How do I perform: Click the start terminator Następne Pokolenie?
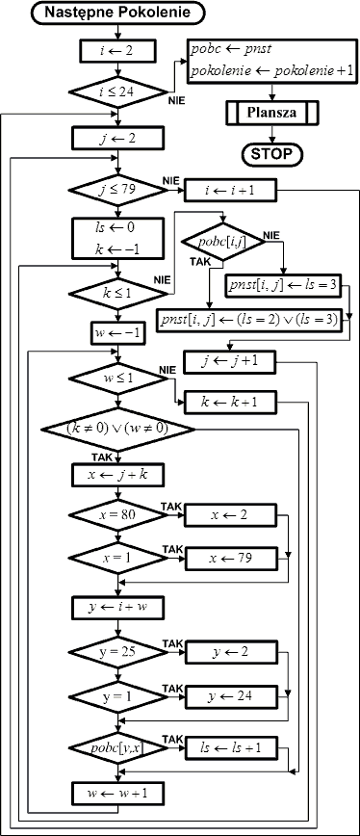pyautogui.click(x=117, y=13)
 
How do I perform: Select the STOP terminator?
pyautogui.click(x=272, y=154)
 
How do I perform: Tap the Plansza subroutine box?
pyautogui.click(x=272, y=113)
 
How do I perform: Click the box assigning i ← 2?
pyautogui.click(x=117, y=52)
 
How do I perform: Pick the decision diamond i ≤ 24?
pyautogui.click(x=117, y=91)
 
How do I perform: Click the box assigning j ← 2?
pyautogui.click(x=117, y=138)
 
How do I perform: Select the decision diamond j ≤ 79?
pyautogui.click(x=117, y=191)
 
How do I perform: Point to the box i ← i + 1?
pyautogui.click(x=231, y=190)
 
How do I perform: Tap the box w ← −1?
pyautogui.click(x=117, y=333)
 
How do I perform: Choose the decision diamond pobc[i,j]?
pyautogui.click(x=223, y=242)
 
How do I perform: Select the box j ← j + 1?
pyautogui.click(x=231, y=362)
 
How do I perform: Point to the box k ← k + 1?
pyautogui.click(x=231, y=402)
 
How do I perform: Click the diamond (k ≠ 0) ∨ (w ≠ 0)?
pyautogui.click(x=117, y=430)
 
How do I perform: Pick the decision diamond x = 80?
pyautogui.click(x=117, y=515)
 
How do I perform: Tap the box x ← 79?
pyautogui.click(x=231, y=559)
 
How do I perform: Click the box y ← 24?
pyautogui.click(x=231, y=695)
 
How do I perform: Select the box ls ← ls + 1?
pyautogui.click(x=231, y=748)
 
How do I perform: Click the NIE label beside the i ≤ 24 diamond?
pyautogui.click(x=177, y=101)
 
